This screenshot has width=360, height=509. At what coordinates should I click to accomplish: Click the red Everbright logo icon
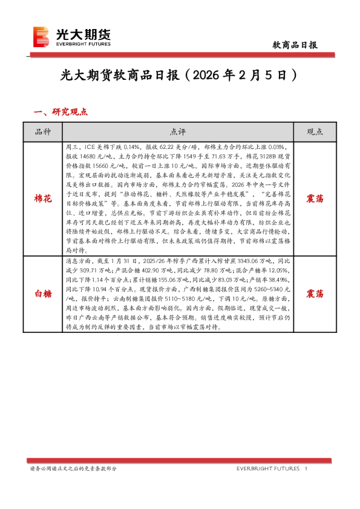tap(41, 37)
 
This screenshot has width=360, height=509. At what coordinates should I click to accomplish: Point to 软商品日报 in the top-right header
tap(295, 45)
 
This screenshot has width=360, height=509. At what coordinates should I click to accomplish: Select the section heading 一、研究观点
tap(61, 112)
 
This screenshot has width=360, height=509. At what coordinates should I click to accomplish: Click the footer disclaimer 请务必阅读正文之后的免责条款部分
tap(73, 469)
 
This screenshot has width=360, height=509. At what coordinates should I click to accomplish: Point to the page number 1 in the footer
tap(306, 469)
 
